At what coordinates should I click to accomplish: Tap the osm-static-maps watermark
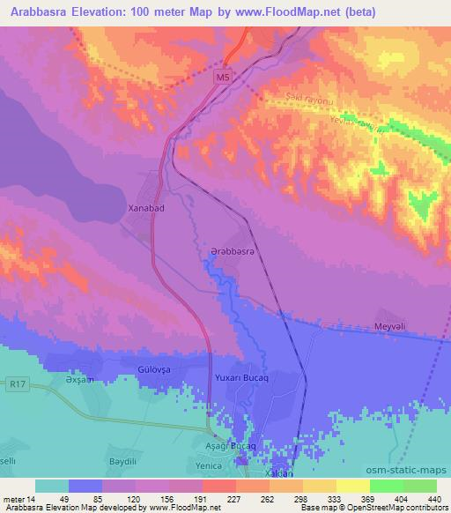tap(410, 470)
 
